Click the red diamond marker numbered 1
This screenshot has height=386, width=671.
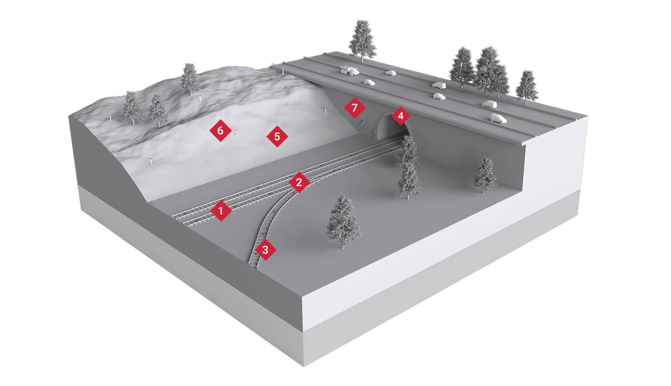(221, 210)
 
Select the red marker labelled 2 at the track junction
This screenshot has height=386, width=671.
(299, 182)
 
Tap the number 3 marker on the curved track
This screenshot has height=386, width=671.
(265, 250)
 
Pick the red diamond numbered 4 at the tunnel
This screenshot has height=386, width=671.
(400, 116)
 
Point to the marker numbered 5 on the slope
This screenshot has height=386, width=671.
(277, 137)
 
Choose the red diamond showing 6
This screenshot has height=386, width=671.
(220, 130)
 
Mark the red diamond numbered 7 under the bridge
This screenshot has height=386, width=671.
(354, 108)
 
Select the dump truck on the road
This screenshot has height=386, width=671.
(349, 70)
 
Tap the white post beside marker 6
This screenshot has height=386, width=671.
(236, 132)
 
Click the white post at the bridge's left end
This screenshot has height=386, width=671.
(283, 71)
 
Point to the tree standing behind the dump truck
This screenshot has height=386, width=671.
(362, 39)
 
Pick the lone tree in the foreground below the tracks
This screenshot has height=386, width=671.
(343, 221)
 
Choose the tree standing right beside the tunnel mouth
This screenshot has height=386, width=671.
(408, 167)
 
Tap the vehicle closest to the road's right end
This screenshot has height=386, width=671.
(498, 119)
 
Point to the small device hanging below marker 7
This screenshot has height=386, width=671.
(363, 123)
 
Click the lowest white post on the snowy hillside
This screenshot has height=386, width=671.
(151, 161)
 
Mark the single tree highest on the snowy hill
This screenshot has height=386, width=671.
(190, 79)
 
